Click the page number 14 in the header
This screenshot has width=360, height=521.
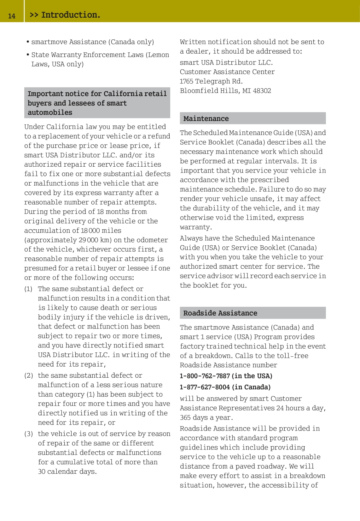(x=12, y=16)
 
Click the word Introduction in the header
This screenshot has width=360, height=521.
(x=70, y=15)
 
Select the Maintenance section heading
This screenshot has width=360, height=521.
(x=206, y=118)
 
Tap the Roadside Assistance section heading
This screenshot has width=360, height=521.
(x=220, y=313)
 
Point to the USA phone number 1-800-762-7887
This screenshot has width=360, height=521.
(x=205, y=376)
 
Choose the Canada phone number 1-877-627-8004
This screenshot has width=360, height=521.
(x=205, y=387)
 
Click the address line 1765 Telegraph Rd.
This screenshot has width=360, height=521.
(x=211, y=81)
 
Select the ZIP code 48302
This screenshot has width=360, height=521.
(x=262, y=91)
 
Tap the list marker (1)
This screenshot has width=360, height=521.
(x=28, y=289)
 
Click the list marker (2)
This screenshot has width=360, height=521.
(x=28, y=375)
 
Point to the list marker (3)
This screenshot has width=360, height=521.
(x=28, y=434)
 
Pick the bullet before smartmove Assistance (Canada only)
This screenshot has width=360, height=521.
(x=28, y=42)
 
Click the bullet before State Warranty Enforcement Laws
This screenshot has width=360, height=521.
(x=28, y=55)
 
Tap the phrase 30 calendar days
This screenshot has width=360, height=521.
(x=67, y=472)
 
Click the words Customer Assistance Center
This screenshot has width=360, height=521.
(x=227, y=72)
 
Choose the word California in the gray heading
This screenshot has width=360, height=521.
(x=123, y=94)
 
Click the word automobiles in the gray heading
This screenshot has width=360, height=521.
(x=50, y=112)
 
